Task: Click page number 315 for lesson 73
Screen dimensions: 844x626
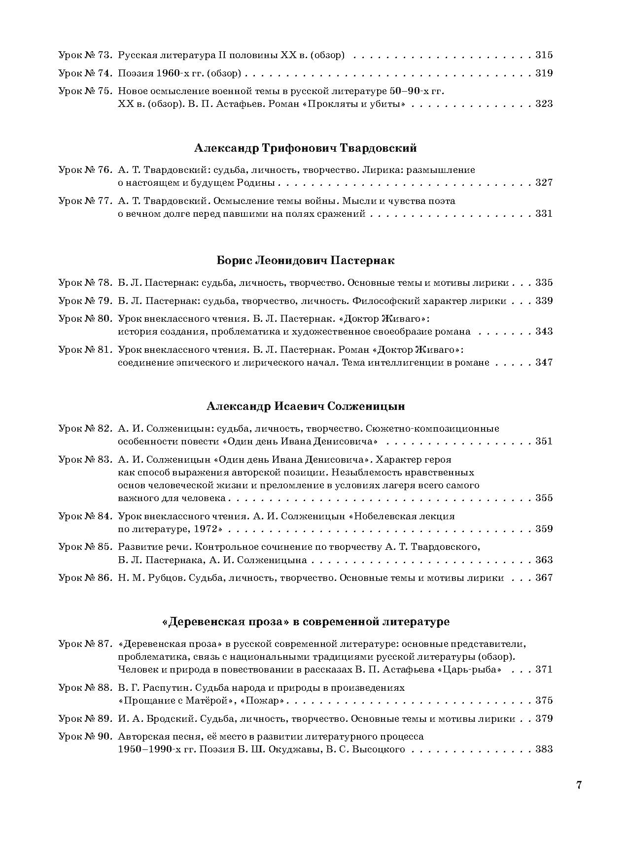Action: (x=544, y=55)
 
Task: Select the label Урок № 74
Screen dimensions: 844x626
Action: (x=85, y=73)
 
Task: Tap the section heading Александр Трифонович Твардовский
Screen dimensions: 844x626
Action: (x=306, y=148)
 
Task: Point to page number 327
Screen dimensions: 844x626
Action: (x=544, y=183)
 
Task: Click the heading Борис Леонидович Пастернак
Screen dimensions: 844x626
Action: (x=306, y=260)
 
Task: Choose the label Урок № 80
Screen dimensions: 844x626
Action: (x=85, y=318)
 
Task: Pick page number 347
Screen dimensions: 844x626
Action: (x=544, y=363)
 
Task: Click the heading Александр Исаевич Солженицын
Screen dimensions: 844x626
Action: (x=306, y=406)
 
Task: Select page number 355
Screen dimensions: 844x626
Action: (x=544, y=498)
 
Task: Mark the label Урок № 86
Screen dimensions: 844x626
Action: (x=85, y=578)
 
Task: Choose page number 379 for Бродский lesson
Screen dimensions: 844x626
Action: (x=544, y=719)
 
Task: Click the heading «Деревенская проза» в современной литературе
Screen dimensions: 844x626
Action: (x=306, y=621)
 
